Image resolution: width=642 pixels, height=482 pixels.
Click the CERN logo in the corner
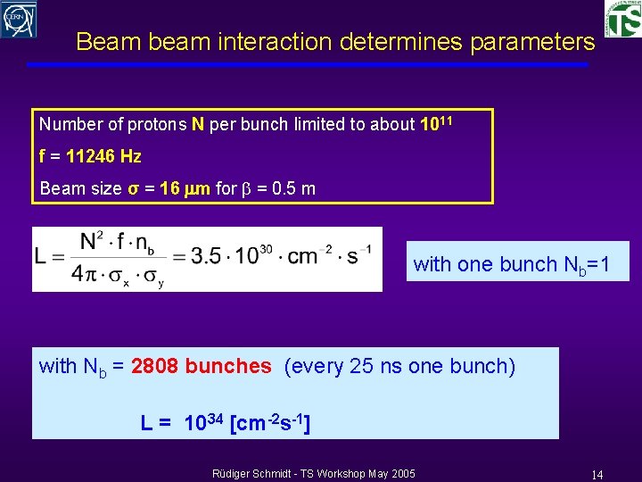[19, 19]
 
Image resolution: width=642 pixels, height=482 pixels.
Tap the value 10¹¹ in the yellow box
[437, 124]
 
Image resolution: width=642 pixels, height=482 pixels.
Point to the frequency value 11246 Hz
[103, 156]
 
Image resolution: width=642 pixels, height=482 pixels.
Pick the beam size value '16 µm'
[185, 189]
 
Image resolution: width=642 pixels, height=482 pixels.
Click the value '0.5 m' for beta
[293, 189]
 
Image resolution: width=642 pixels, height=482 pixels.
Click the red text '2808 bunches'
[201, 366]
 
